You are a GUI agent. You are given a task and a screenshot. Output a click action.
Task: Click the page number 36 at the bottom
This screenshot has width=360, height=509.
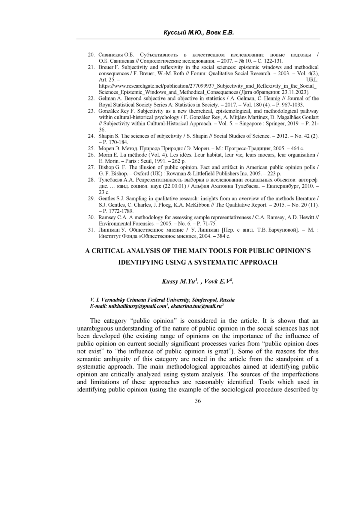click(x=198, y=401)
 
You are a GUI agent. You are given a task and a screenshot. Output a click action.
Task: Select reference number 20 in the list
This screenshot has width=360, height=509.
click(x=91, y=55)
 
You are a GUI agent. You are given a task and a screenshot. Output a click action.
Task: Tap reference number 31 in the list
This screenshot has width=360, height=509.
click(x=91, y=230)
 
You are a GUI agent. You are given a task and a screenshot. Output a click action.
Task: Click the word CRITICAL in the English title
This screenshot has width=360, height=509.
click(x=115, y=251)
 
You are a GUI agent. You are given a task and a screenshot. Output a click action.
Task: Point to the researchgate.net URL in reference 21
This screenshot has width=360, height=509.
click(x=207, y=86)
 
